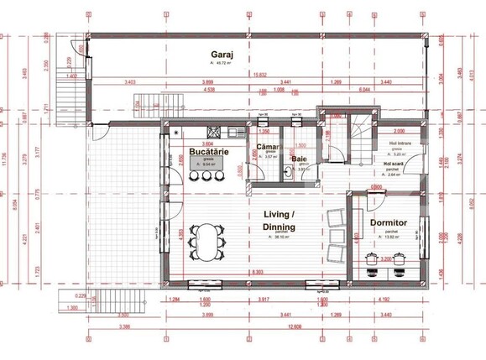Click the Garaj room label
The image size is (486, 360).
tap(222, 54)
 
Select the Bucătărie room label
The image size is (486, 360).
tap(206, 151)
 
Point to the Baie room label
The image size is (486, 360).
tap(299, 158)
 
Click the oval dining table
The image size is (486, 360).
tap(206, 241)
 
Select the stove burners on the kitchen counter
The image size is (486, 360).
tap(177, 133)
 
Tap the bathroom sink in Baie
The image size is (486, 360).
tap(288, 174)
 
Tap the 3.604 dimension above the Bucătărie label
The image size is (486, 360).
tap(206, 143)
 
